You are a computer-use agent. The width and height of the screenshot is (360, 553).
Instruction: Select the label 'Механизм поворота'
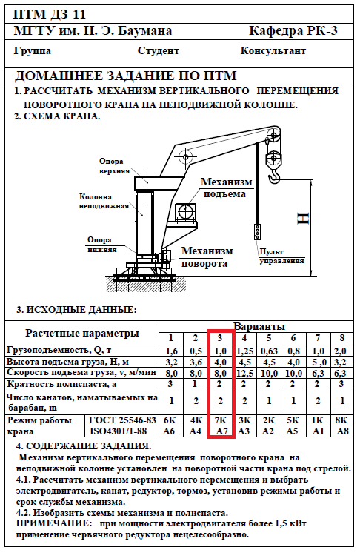point(207,257)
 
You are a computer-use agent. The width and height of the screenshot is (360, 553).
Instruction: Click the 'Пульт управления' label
point(281,256)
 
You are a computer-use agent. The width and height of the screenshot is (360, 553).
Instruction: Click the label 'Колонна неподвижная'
point(104,201)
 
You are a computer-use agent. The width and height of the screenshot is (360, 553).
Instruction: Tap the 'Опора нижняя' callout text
point(101,245)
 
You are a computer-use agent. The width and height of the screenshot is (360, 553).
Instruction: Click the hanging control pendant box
point(258,232)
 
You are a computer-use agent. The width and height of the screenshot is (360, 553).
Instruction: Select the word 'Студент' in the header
point(159,51)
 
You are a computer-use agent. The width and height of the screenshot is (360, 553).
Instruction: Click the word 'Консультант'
point(273,51)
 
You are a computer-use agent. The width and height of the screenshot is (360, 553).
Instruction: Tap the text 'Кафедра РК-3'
point(293,31)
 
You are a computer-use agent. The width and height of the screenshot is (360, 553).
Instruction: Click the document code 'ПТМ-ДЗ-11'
point(50,15)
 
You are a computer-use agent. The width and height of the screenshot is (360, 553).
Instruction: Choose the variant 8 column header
point(341,338)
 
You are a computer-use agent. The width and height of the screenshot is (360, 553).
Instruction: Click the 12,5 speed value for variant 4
point(244,373)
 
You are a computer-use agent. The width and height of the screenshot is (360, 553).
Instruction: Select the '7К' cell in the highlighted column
point(221,420)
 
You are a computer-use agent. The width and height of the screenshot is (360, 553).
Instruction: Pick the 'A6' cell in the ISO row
point(170,431)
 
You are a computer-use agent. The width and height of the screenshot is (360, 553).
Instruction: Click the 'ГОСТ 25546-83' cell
point(122,420)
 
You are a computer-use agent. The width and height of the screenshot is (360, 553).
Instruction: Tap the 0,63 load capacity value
point(269,351)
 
